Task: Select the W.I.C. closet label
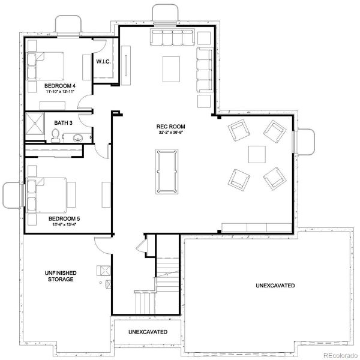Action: point(102,61)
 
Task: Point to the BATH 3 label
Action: point(62,123)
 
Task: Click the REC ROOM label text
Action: point(170,127)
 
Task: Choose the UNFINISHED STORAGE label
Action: point(59,276)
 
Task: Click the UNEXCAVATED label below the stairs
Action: point(148,332)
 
